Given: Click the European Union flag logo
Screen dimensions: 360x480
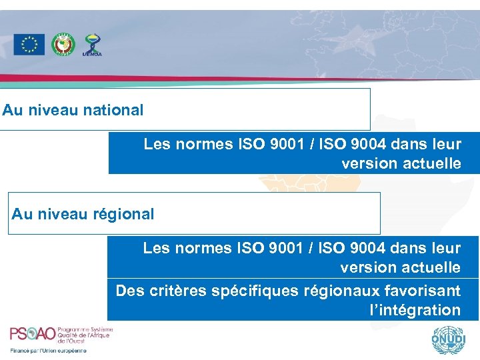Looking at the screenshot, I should tap(29, 45).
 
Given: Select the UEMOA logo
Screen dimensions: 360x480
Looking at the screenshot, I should tap(91, 45).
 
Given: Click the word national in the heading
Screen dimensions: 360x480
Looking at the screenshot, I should tap(113, 110).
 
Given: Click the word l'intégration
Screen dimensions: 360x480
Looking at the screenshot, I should tap(414, 310).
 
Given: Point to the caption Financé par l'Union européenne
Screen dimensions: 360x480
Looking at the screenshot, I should tap(48, 350).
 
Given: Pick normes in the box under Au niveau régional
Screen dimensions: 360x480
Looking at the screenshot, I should tap(205, 248).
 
